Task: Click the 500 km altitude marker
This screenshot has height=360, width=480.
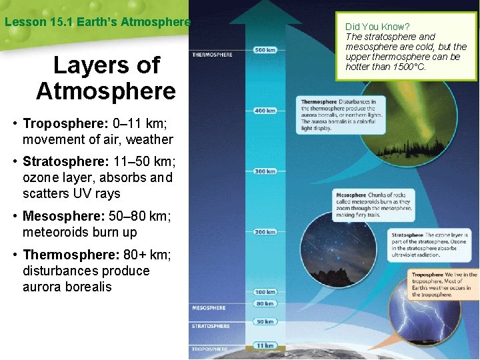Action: point(265,49)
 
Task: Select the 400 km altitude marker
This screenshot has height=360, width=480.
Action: point(265,110)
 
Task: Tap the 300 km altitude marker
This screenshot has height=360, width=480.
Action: point(265,171)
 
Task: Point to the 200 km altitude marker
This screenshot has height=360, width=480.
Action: point(265,232)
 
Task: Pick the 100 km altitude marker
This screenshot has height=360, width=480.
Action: point(265,292)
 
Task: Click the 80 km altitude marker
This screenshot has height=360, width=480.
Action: point(265,303)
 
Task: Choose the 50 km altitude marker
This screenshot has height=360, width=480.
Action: point(265,321)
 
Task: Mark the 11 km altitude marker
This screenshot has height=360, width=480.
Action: point(265,345)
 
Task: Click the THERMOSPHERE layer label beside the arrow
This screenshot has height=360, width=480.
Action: point(212,55)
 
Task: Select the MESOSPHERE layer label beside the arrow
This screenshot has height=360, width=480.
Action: point(209,308)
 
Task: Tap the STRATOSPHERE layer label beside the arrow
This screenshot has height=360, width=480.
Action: point(211,327)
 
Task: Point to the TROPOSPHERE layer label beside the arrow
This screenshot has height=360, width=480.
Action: point(210,349)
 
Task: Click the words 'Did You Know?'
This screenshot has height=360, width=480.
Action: point(377,27)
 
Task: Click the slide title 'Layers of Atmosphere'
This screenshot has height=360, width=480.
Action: point(106,77)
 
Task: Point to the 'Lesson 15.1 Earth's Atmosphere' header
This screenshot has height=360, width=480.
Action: point(97,21)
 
